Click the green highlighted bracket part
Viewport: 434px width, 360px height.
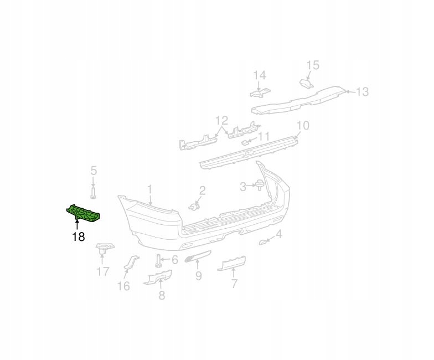(83, 213)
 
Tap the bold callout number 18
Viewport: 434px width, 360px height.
(79, 236)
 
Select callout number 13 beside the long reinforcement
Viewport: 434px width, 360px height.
(362, 92)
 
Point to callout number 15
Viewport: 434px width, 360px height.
(313, 65)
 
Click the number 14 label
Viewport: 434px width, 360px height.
(260, 75)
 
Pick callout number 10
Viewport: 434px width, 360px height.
(303, 125)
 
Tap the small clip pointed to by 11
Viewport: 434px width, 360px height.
(245, 143)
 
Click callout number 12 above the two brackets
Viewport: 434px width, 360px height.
(221, 121)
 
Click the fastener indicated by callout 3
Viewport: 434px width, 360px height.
(259, 185)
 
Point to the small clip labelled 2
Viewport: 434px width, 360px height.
(194, 207)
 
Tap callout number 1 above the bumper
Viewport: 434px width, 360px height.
(149, 190)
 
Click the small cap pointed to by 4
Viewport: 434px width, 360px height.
(262, 243)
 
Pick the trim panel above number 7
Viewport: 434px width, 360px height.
(231, 263)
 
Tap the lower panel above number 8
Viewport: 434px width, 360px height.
(157, 277)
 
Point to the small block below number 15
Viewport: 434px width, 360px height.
(307, 83)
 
